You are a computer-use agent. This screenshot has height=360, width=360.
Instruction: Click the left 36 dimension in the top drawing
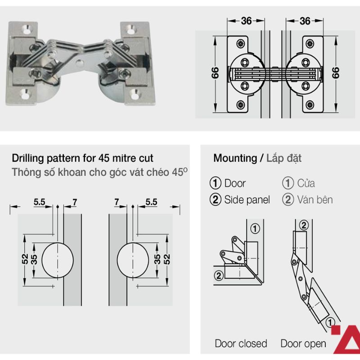pos(246,21)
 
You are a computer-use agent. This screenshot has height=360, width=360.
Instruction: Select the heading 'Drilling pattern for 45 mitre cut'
pos(82,158)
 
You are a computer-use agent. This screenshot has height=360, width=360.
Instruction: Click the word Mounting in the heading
pos(234,158)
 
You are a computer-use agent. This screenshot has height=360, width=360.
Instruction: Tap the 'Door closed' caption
pos(241,344)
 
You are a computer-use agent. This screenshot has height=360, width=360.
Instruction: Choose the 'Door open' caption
pos(303,344)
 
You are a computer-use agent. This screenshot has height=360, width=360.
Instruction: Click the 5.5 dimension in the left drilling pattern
pos(40,203)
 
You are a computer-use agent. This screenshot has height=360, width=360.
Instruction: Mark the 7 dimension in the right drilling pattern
pos(117,203)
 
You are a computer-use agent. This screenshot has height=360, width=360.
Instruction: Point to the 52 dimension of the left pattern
pos(25,259)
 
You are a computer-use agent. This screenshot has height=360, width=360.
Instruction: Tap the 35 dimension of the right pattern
pos(157,259)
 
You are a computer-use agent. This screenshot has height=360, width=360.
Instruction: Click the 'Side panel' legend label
pos(247,200)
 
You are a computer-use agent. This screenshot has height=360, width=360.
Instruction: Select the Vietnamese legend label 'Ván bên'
pos(315,200)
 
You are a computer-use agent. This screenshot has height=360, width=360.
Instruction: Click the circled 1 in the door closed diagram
pos(255,229)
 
